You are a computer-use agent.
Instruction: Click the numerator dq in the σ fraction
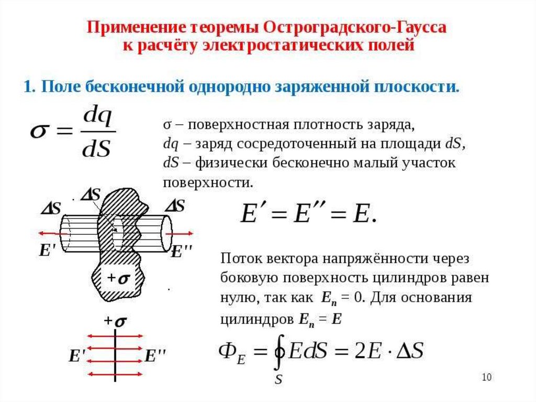tap(98, 118)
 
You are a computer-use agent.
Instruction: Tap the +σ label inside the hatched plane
tap(118, 279)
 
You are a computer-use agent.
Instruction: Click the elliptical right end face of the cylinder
tap(167, 233)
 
